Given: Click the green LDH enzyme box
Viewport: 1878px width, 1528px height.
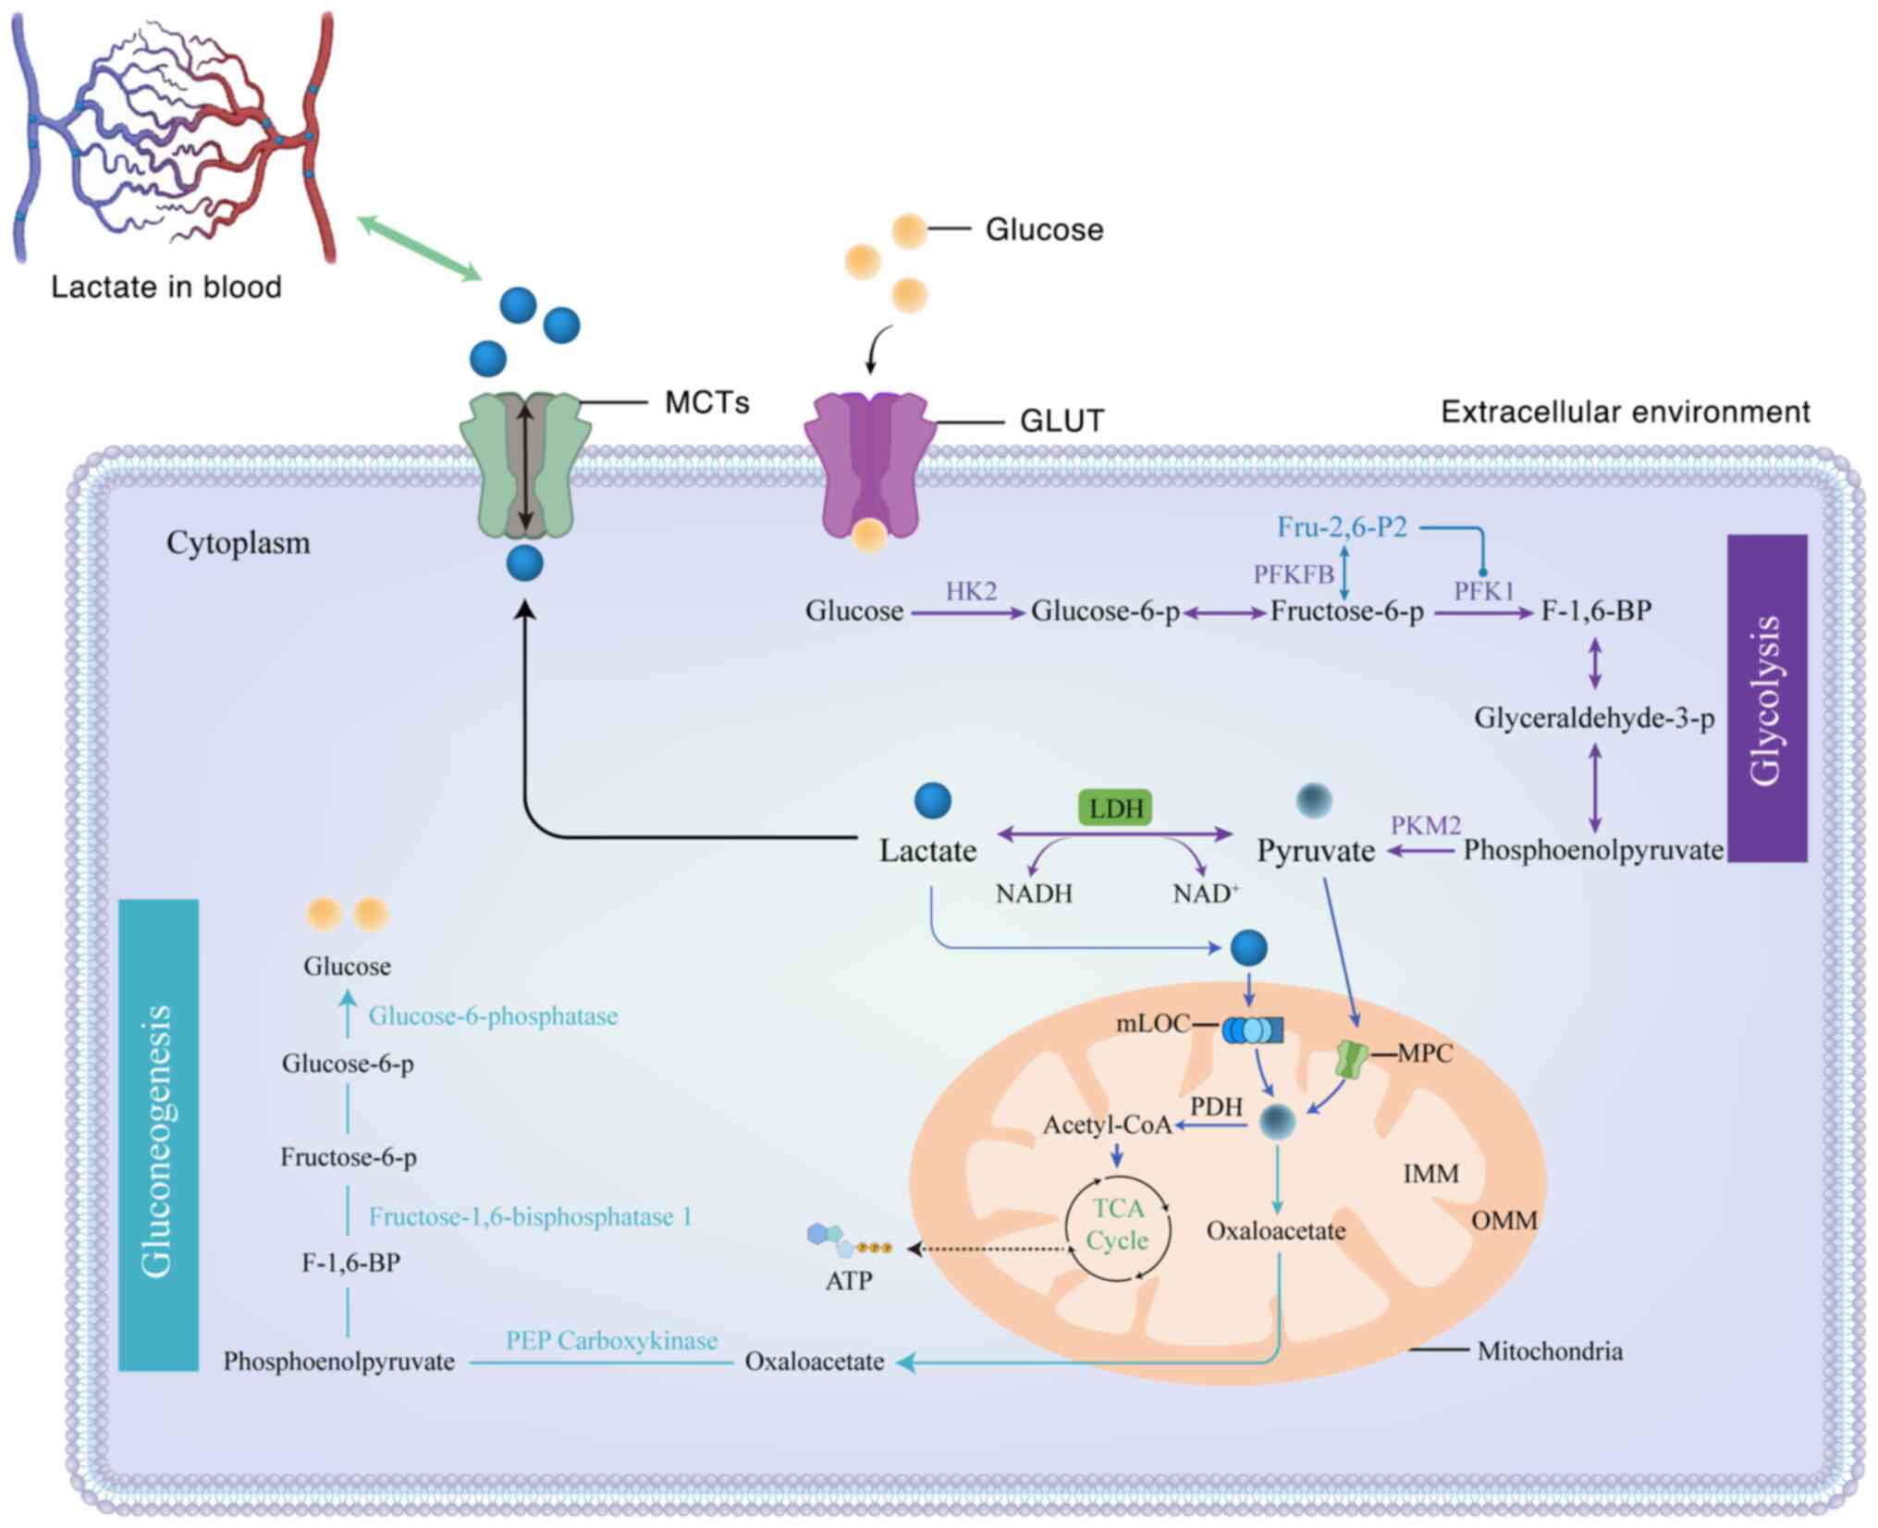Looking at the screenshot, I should [x=1116, y=807].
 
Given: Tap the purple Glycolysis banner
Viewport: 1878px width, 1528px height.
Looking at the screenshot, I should [x=1766, y=698].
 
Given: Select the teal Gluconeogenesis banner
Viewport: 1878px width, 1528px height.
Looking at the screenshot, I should [x=158, y=1134].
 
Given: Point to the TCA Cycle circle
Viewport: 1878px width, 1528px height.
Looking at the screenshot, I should [x=1118, y=1226].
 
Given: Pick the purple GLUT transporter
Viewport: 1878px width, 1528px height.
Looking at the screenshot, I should [x=869, y=462].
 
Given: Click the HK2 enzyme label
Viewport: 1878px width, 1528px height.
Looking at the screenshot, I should [x=970, y=591].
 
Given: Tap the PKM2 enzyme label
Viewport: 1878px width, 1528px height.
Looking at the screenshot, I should [x=1426, y=825].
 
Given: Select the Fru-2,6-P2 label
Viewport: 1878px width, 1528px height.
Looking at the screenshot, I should [x=1342, y=527].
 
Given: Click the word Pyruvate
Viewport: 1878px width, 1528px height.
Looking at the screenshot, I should [x=1315, y=851].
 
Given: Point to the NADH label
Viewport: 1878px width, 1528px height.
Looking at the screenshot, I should [x=1034, y=894].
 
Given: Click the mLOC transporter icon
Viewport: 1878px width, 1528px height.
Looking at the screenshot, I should [x=1252, y=1029].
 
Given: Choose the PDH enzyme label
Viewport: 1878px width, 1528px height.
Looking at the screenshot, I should [x=1216, y=1107].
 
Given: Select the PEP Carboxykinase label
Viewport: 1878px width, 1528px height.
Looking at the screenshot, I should [x=611, y=1340].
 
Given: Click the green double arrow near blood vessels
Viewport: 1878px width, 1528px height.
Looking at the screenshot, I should [x=419, y=247].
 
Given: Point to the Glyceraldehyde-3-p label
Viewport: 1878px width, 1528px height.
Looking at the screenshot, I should [x=1594, y=718].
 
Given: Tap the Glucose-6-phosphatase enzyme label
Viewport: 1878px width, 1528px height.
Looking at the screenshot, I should [x=493, y=1017].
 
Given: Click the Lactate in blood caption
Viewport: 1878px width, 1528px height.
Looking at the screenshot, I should [x=166, y=287].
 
